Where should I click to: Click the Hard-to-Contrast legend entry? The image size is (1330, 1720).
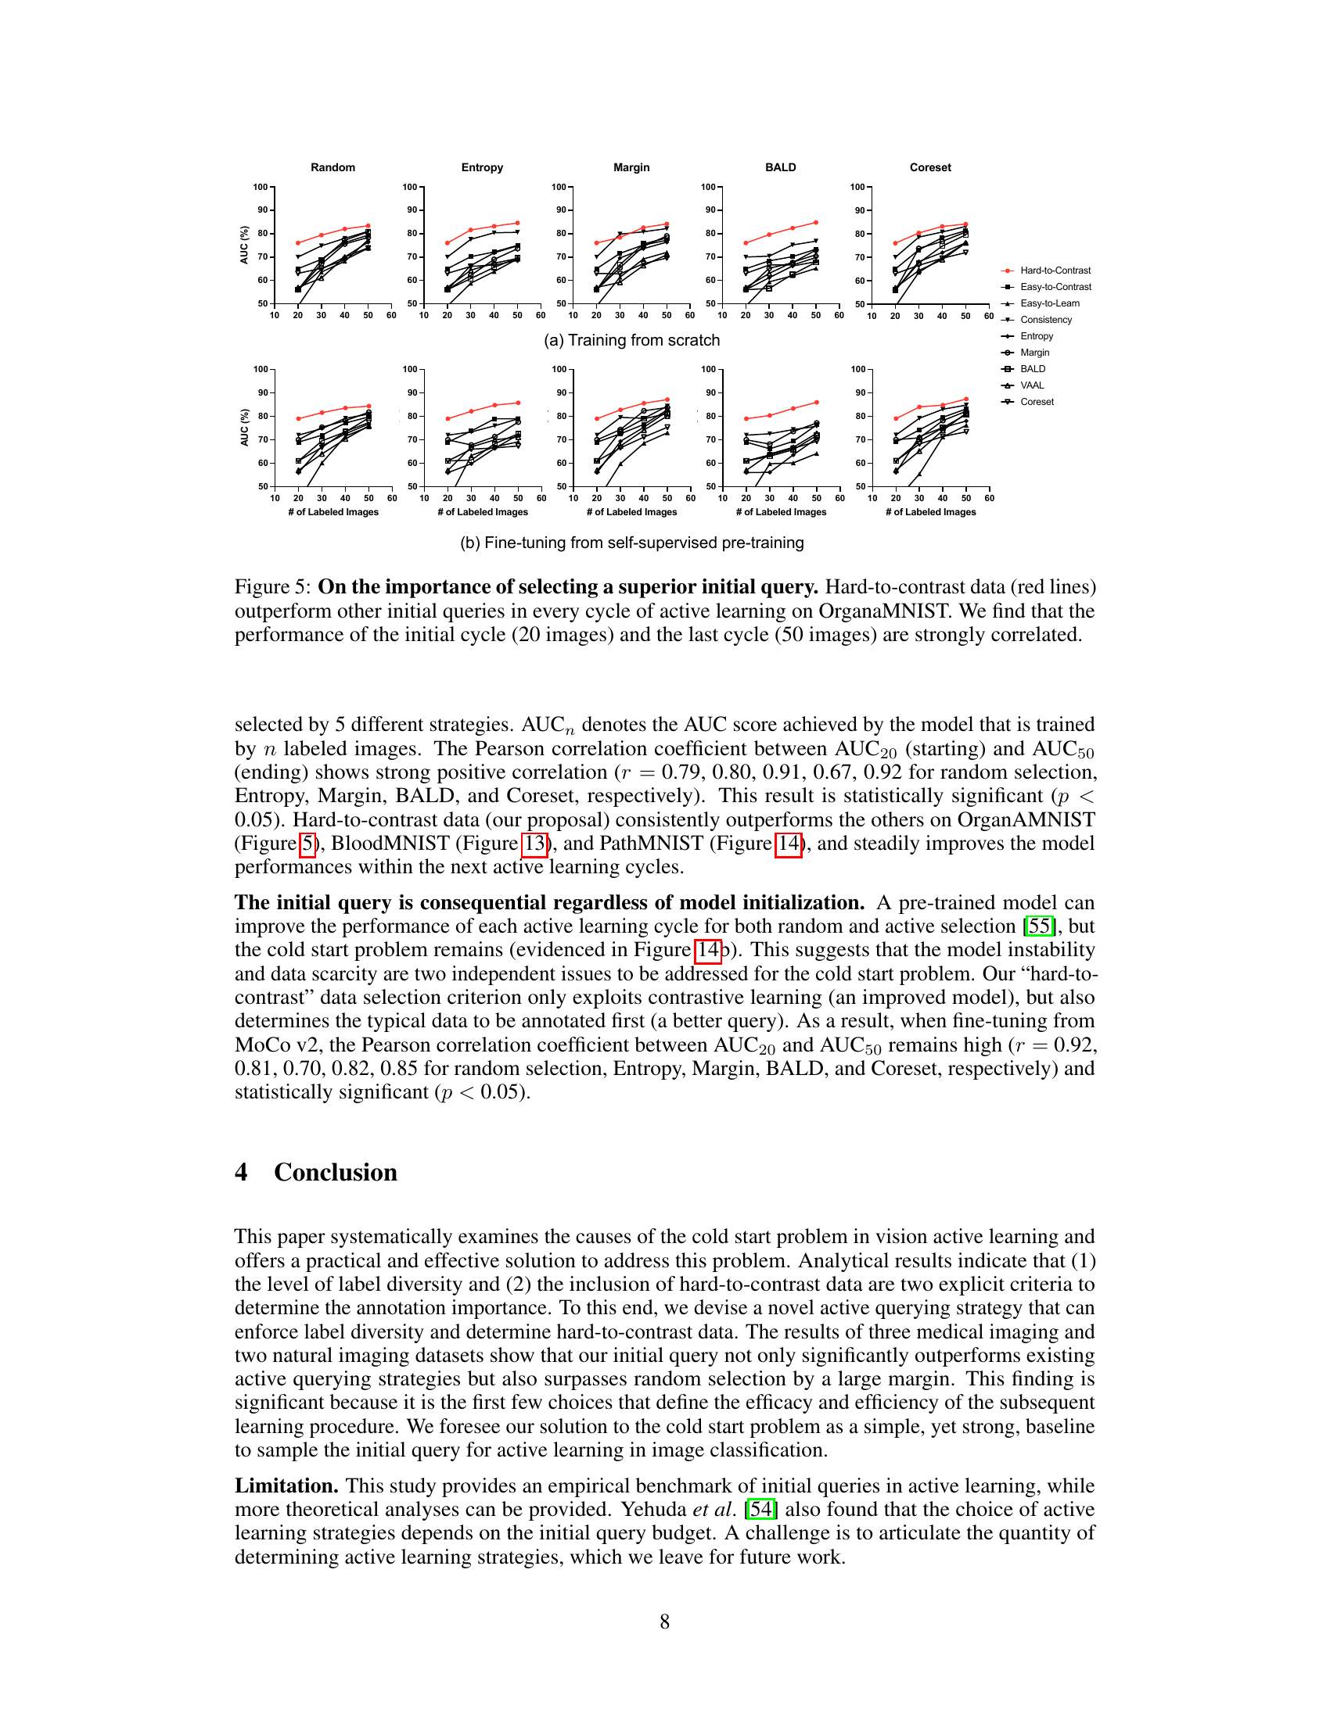(1055, 271)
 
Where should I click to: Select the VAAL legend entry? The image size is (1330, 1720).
(1031, 385)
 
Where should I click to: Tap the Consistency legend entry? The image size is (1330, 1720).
(1045, 320)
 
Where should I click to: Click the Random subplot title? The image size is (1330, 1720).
(332, 167)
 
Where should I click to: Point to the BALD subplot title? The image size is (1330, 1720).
(780, 167)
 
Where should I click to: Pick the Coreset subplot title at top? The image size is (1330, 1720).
(929, 167)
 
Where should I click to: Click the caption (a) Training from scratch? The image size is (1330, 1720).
(631, 340)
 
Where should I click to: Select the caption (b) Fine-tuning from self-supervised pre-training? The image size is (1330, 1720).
(631, 543)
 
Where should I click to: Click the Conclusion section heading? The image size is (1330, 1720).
(335, 1172)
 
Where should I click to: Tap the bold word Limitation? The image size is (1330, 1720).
(286, 1485)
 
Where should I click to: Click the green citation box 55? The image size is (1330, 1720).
(1040, 926)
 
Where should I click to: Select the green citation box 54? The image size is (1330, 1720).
(761, 1509)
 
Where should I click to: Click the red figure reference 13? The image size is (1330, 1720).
(535, 844)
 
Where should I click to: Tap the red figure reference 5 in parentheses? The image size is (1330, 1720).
(307, 844)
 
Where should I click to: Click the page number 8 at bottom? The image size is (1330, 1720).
(665, 1621)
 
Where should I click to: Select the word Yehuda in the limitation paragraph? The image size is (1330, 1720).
(654, 1509)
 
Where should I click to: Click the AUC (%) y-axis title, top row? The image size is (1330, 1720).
(244, 245)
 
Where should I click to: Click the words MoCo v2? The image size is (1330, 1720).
(279, 1045)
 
